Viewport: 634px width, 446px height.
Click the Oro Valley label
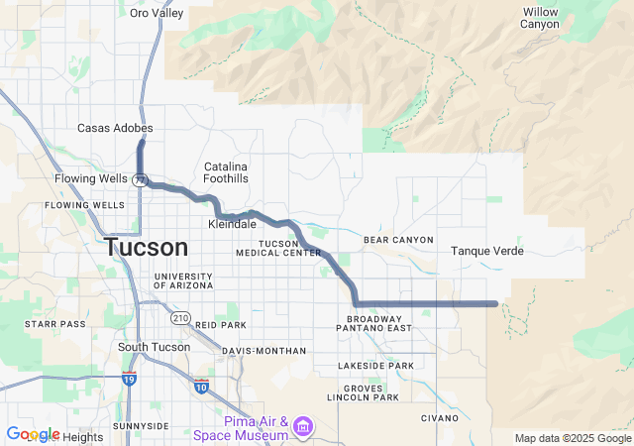[x=158, y=13]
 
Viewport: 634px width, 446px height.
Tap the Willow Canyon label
[x=540, y=18]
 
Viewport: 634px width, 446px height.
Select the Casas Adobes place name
[x=108, y=128]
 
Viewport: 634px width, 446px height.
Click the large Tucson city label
[x=146, y=248]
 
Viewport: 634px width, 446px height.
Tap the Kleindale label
[x=232, y=224]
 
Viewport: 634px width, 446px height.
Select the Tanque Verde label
[x=486, y=251]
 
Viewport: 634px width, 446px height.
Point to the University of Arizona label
[x=182, y=280]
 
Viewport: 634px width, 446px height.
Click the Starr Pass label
[x=55, y=323]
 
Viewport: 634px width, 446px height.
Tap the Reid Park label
[x=221, y=324]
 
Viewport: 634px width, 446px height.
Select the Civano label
[x=441, y=417]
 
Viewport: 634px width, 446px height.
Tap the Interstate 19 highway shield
[x=129, y=379]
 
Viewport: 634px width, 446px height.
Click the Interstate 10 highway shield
[x=202, y=385]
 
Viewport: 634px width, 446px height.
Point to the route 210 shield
[x=179, y=317]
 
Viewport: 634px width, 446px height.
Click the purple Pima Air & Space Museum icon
[x=302, y=427]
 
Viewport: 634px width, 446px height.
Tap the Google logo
[x=33, y=435]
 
